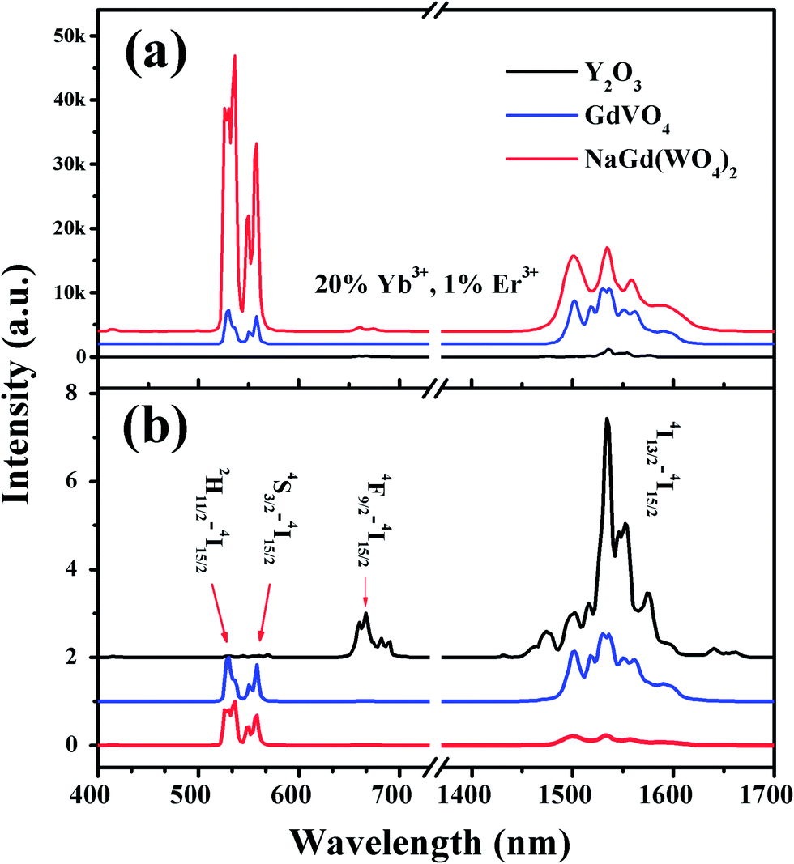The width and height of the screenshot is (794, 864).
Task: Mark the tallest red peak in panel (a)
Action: [234, 56]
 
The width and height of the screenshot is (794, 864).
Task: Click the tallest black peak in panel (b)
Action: [606, 419]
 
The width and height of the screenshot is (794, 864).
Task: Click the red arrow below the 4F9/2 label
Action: [365, 590]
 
